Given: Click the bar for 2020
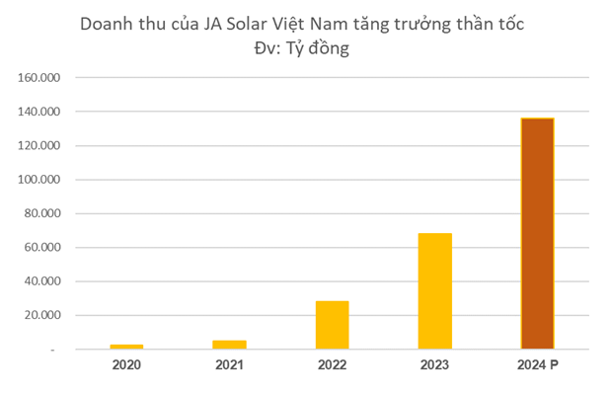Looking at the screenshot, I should pos(127,346).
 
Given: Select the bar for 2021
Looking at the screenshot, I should pos(229,344).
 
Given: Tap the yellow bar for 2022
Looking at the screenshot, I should pos(332,324).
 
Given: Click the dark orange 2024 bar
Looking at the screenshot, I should pos(537,233).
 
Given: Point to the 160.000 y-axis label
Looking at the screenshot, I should pos(39,78).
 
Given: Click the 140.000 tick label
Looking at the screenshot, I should pos(39,113).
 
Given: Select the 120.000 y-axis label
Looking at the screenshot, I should pos(39,146).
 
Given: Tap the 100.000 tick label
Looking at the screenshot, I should pos(39,180).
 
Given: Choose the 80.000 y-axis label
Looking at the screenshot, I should pos(42,214).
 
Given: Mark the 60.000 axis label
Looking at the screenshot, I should pos(42,248).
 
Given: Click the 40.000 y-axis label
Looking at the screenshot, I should pos(42,281).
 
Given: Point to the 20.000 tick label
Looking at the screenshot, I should pos(42,316).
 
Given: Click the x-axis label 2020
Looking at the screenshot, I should pos(126,365).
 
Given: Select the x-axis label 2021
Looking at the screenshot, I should pos(229,365).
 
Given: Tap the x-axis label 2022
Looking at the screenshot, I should pos(332,365).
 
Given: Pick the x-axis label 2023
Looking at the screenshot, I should pos(434,365).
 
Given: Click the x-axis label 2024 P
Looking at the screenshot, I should pos(539,365).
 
